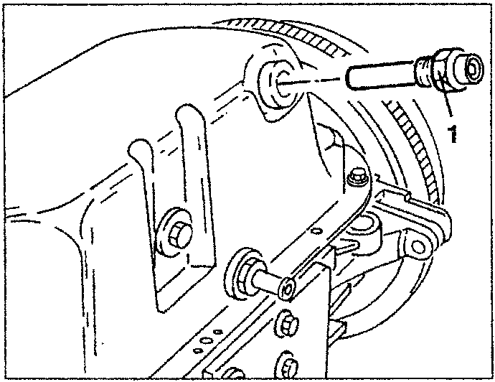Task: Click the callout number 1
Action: click(453, 133)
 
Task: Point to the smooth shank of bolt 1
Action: click(381, 76)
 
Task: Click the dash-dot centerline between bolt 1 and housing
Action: click(311, 81)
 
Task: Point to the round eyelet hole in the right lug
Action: click(419, 247)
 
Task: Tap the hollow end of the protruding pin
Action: click(287, 288)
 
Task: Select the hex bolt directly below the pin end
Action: click(287, 325)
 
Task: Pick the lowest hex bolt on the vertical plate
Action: click(288, 366)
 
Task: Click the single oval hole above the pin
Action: click(314, 232)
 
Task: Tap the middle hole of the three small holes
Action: click(206, 341)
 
